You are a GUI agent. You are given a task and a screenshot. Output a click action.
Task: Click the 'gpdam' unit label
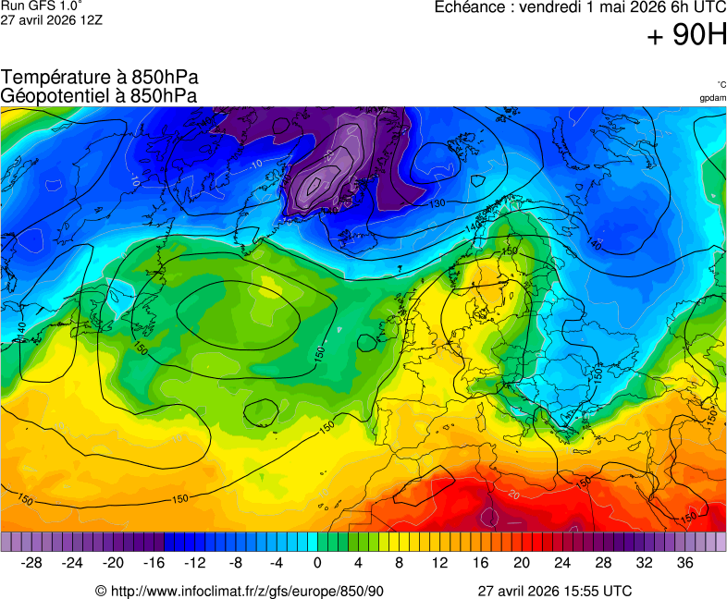(712, 97)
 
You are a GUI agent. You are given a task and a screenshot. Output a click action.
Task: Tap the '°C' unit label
(721, 84)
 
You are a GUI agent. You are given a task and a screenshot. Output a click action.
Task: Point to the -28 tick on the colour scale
(31, 562)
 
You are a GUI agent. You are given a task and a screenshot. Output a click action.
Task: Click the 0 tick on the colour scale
(317, 562)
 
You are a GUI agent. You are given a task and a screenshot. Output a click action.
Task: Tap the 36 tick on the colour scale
(684, 562)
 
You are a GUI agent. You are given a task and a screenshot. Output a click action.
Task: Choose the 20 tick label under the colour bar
(521, 562)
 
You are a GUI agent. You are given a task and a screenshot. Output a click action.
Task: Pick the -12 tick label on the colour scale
(194, 562)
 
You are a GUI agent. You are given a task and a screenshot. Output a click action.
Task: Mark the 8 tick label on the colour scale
(399, 562)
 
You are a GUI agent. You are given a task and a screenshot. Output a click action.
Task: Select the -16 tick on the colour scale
(154, 562)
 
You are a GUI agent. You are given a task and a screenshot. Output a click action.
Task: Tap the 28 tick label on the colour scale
(603, 562)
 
